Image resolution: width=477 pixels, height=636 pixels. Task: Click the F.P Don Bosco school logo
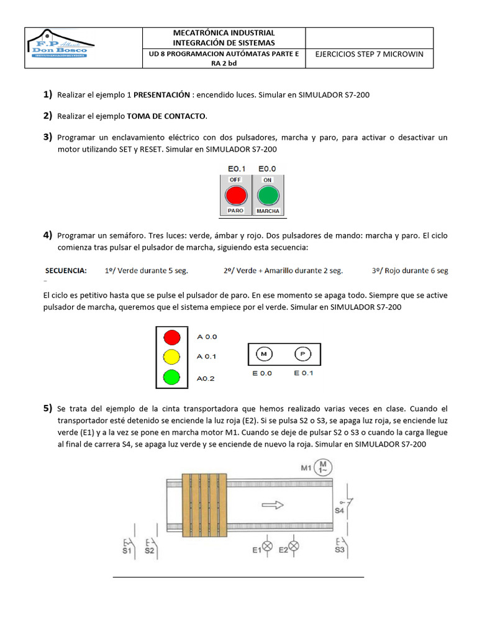pos(60,48)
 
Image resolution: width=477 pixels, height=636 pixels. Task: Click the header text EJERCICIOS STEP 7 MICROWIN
pos(369,54)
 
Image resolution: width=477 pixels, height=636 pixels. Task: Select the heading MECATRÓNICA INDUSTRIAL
pos(224,32)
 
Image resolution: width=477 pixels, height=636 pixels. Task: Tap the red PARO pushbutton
pos(235,195)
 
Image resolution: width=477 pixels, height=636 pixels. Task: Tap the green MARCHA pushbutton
pos(268,195)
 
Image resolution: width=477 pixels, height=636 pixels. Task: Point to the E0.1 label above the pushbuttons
pos(235,169)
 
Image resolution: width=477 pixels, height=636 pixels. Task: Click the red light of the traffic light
pos(171,337)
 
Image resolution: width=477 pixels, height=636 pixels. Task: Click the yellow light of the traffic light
pos(171,357)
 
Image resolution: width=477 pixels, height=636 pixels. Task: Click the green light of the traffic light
pos(171,376)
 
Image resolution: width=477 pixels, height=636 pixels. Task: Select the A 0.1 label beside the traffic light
pos(207,357)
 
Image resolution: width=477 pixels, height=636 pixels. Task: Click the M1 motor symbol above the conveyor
pos(323,466)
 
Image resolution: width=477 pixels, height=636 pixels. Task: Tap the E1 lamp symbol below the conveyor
pos(268,547)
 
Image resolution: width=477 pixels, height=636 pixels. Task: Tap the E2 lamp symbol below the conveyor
pos(295,547)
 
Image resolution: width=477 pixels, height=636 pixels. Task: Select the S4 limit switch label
pos(339,511)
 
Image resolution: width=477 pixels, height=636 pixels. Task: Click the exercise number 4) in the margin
pos(47,235)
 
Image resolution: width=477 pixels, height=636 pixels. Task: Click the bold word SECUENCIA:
pos(66,271)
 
